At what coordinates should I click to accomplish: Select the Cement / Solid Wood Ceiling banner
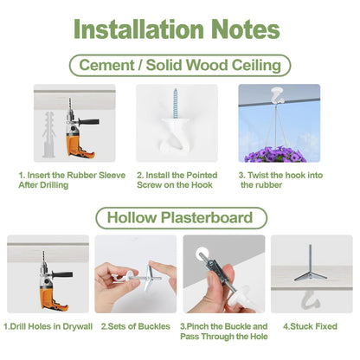[x=179, y=65]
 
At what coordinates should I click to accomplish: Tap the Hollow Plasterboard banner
[x=179, y=216]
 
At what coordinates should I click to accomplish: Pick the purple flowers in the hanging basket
[x=279, y=153]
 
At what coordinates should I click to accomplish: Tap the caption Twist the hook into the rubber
[x=280, y=179]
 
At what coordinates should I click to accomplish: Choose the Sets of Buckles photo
[x=135, y=277]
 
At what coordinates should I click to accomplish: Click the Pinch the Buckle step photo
[x=223, y=277]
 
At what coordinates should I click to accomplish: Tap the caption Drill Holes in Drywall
[x=48, y=326]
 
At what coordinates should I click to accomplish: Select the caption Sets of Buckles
[x=135, y=326]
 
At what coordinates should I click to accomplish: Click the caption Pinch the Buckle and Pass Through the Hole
[x=223, y=331]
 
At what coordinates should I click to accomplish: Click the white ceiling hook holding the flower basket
[x=279, y=94]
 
